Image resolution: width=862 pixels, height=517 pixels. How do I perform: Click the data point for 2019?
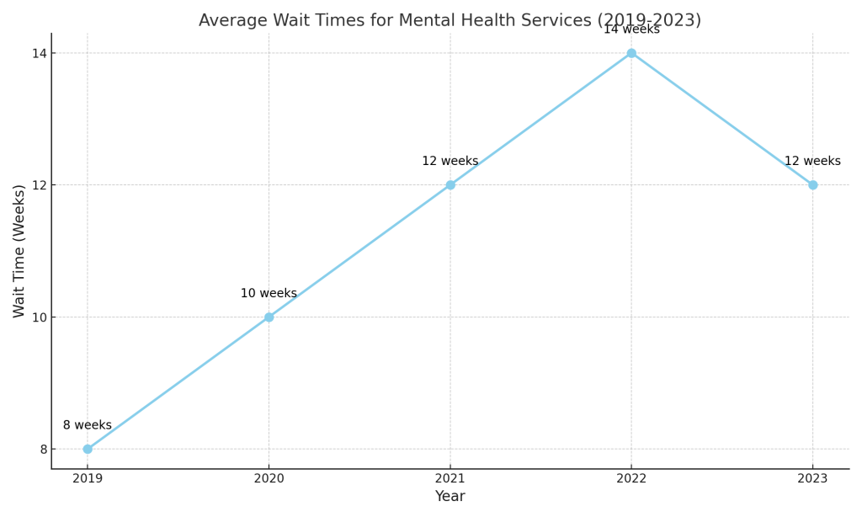click(x=88, y=449)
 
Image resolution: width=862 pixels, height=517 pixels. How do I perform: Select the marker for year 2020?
click(x=269, y=317)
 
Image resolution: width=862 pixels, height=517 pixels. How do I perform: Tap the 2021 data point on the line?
click(x=450, y=185)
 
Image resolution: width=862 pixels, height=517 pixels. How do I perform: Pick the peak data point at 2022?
click(x=631, y=53)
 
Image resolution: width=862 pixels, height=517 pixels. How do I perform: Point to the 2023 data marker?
click(x=812, y=185)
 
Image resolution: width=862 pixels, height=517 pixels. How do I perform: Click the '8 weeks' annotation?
click(x=88, y=425)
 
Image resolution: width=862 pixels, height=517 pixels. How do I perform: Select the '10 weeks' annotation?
click(x=269, y=294)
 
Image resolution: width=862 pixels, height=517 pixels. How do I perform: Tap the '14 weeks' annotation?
click(x=631, y=29)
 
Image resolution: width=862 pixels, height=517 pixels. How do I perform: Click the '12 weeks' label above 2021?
click(x=450, y=162)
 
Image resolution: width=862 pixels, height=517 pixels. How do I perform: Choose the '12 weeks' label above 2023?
click(x=812, y=162)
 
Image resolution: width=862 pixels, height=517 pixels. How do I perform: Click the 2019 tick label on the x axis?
click(x=88, y=479)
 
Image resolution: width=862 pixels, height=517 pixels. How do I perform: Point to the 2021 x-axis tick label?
click(x=450, y=479)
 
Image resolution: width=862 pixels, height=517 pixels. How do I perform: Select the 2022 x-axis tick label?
click(x=631, y=479)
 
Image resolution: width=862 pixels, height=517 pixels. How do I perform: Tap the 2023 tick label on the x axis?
click(x=812, y=479)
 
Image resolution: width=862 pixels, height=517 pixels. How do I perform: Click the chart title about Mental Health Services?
click(x=450, y=20)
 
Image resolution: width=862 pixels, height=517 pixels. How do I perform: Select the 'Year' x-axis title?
click(x=450, y=497)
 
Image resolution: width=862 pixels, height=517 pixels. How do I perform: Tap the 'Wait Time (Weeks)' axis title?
click(x=19, y=251)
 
